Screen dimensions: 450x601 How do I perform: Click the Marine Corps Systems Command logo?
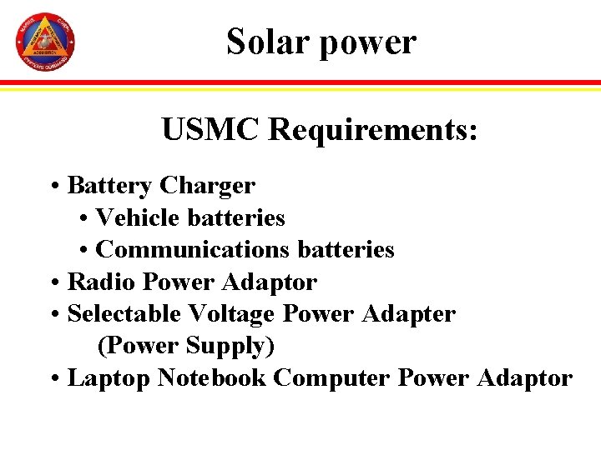click(45, 42)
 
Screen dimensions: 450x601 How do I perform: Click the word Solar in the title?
click(269, 42)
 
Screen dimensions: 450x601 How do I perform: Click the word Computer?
click(332, 377)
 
